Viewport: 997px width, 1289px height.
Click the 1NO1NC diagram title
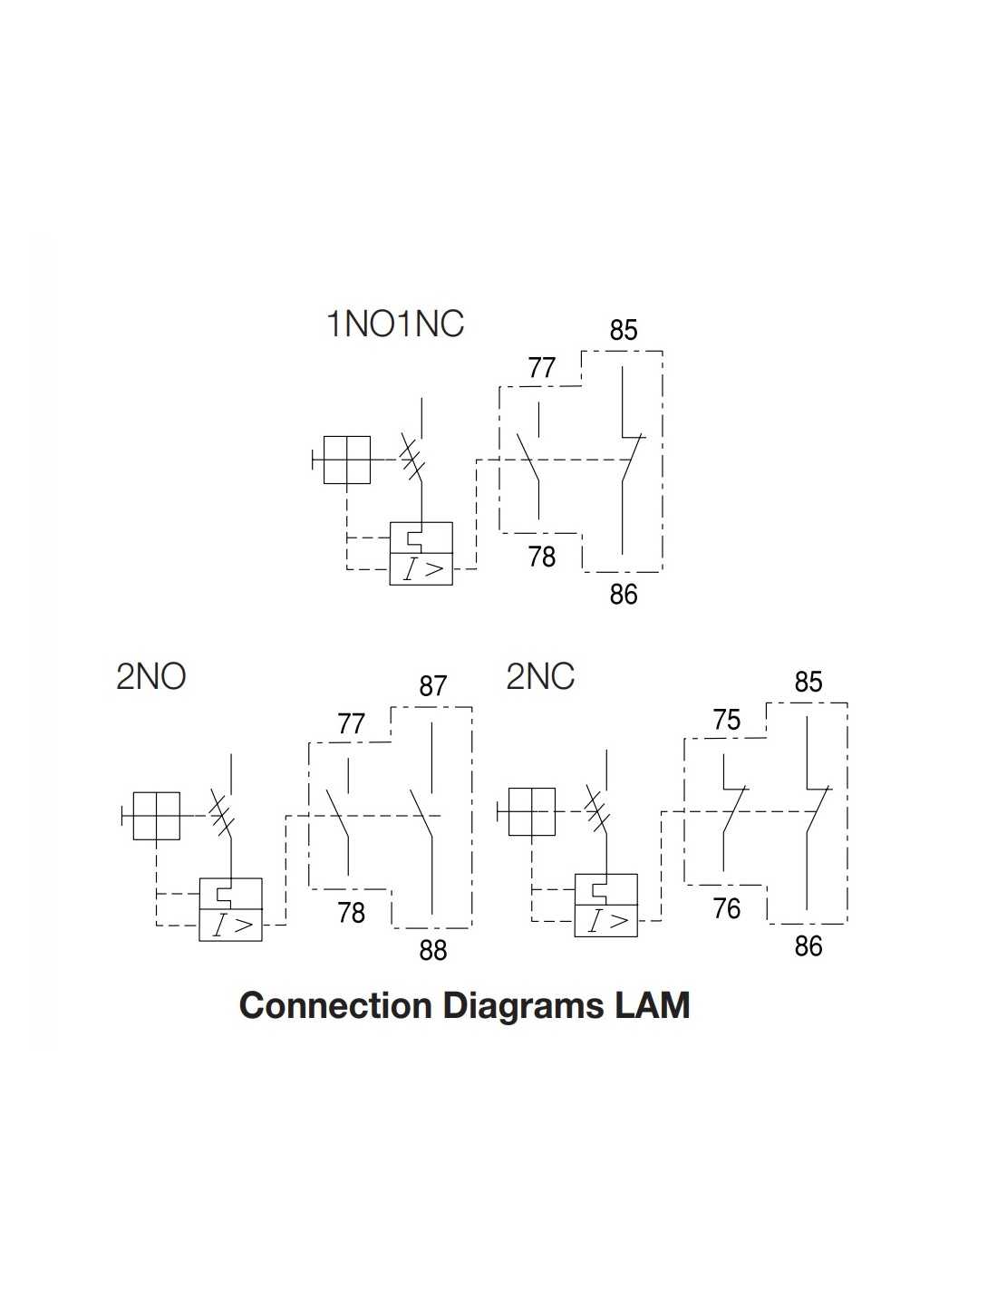pos(394,324)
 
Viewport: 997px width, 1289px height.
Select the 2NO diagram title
pos(150,677)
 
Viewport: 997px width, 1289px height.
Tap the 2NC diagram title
pos(539,677)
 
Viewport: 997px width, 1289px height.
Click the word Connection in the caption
pos(335,1005)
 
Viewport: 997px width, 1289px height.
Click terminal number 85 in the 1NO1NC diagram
pos(624,330)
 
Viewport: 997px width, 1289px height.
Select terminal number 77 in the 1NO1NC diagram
pos(541,368)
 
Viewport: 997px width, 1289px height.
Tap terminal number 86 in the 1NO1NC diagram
pos(624,595)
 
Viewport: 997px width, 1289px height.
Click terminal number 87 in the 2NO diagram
pos(433,686)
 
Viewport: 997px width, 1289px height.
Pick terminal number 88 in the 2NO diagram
pos(433,950)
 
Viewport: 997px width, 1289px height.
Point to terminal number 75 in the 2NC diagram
pos(727,721)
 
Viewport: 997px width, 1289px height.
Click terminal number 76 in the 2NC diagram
pos(727,908)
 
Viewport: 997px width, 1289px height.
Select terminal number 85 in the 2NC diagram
pos(808,682)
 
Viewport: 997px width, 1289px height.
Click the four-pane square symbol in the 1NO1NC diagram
pos(346,460)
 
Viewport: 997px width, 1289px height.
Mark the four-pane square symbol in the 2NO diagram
pos(156,816)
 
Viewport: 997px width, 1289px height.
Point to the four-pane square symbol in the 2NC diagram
pos(531,811)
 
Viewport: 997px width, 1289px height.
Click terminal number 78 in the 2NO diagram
pos(351,912)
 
